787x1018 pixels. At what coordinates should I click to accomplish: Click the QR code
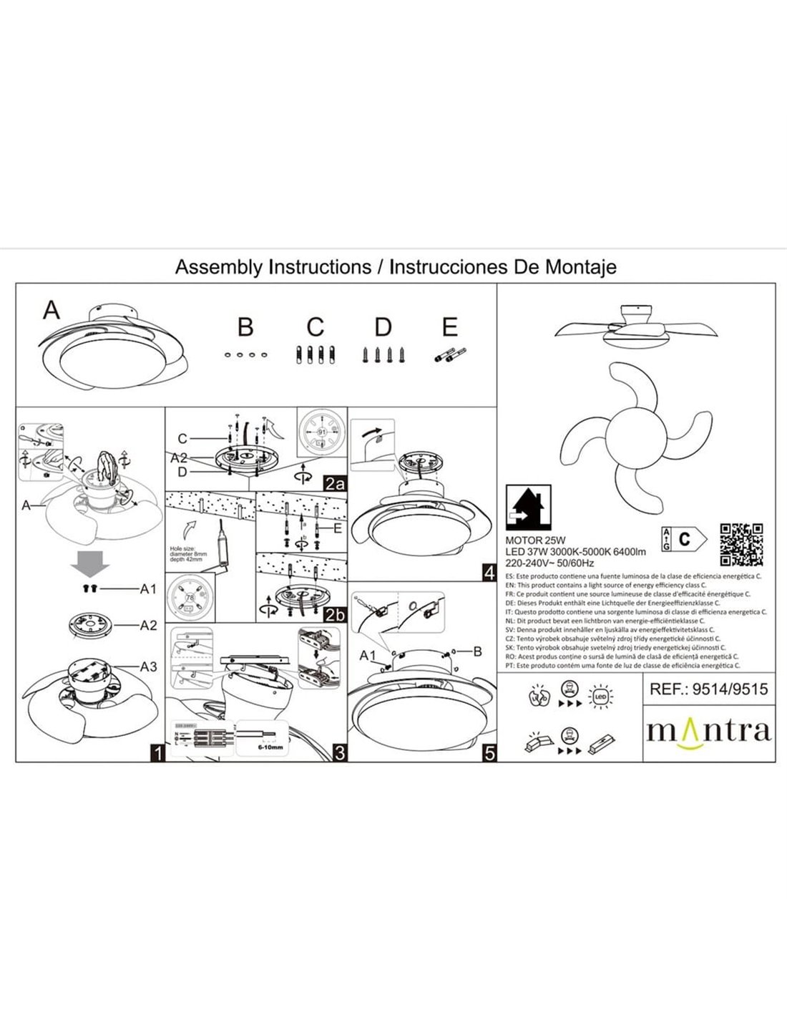pos(742,544)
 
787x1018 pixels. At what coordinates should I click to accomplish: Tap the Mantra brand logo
pos(708,731)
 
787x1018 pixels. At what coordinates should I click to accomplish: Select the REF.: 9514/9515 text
pos(708,689)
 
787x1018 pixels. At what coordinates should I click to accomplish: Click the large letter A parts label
pos(52,310)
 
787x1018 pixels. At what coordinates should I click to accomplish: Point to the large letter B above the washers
pos(245,327)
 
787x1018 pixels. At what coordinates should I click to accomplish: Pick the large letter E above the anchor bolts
pos(449,327)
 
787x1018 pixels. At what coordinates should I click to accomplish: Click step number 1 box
pos(156,752)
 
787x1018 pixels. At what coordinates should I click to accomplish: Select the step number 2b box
pos(334,614)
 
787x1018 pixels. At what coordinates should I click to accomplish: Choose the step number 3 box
pos(340,752)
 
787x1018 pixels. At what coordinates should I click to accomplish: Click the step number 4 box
pos(489,573)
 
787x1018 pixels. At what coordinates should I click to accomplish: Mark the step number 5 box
pos(489,752)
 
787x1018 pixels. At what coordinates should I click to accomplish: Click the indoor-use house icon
pos(528,506)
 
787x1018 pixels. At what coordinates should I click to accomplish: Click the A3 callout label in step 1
pos(148,666)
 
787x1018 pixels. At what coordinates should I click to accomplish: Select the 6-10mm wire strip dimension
pos(270,745)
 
